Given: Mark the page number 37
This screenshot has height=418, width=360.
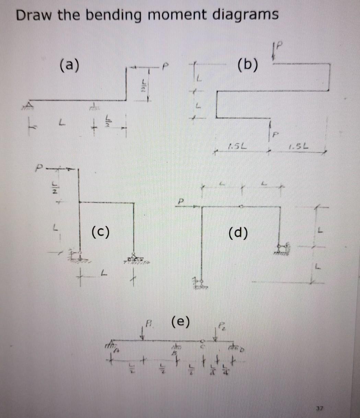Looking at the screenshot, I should [x=320, y=408].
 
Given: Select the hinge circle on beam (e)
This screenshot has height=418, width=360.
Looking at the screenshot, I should [x=202, y=341].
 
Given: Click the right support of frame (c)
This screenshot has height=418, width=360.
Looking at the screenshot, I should [x=134, y=258].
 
